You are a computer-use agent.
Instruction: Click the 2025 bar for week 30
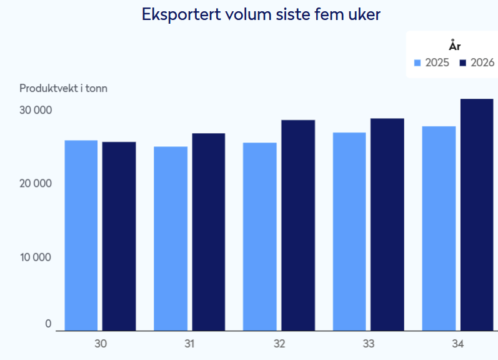click(x=81, y=236)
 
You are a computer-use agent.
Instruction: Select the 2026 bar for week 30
click(x=119, y=236)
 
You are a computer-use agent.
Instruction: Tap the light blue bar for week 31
click(x=171, y=239)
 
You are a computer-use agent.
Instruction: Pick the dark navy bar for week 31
click(x=209, y=232)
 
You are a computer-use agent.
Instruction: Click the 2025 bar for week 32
click(x=260, y=237)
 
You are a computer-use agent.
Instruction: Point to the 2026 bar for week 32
click(x=298, y=225)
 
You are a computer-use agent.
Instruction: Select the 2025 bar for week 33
click(x=349, y=232)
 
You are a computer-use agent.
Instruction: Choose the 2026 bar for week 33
click(x=387, y=224)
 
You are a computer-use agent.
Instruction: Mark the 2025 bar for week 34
click(x=439, y=229)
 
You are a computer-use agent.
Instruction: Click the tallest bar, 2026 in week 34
click(x=477, y=215)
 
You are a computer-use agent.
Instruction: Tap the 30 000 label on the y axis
click(x=36, y=110)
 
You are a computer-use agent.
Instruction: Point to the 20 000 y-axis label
click(x=36, y=183)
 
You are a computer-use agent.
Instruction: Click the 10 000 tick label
click(x=36, y=257)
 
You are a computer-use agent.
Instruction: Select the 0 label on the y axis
click(x=48, y=324)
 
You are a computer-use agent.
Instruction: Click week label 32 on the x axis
click(x=279, y=344)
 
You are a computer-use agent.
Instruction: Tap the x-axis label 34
click(x=458, y=344)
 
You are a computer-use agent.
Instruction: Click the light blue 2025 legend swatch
click(x=417, y=63)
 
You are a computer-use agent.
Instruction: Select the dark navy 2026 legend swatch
click(x=463, y=63)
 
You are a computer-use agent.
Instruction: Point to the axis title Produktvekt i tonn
click(x=63, y=88)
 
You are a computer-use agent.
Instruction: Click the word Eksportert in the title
click(x=181, y=14)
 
